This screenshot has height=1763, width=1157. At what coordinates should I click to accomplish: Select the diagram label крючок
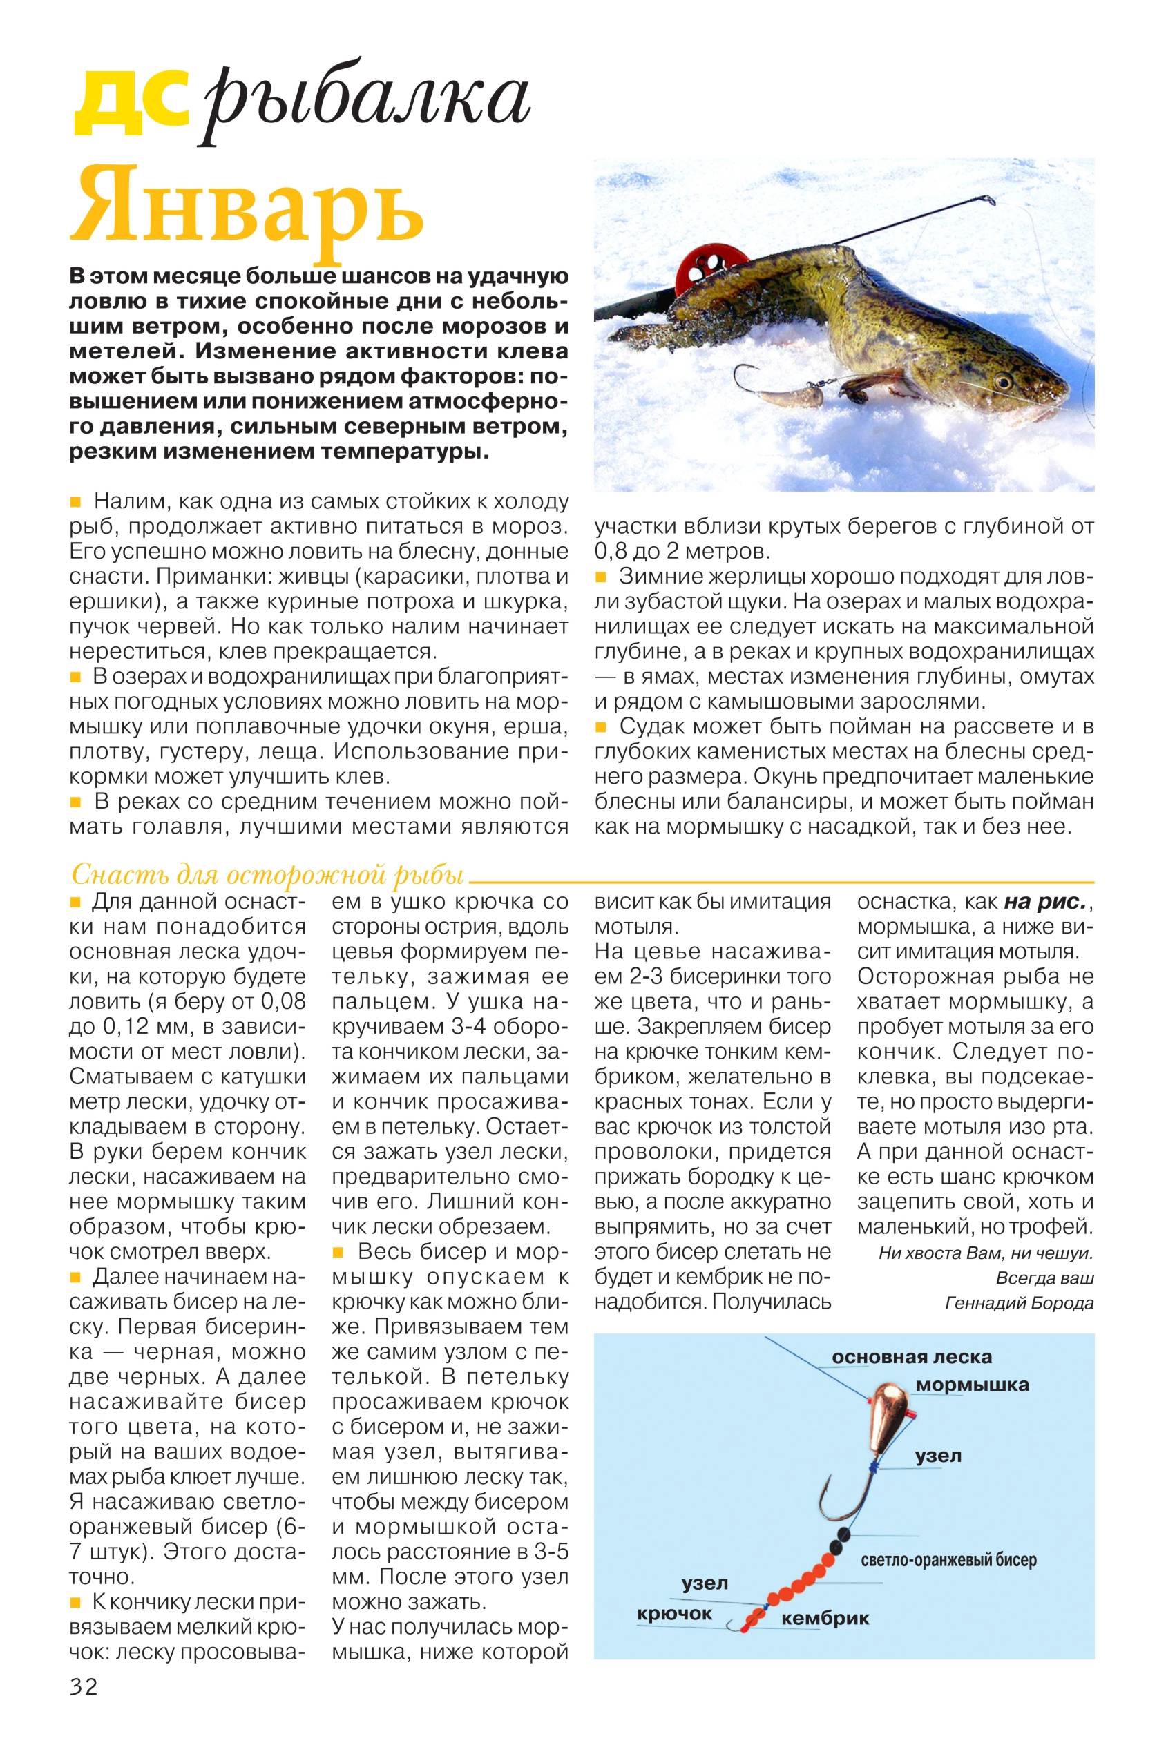point(674,1613)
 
